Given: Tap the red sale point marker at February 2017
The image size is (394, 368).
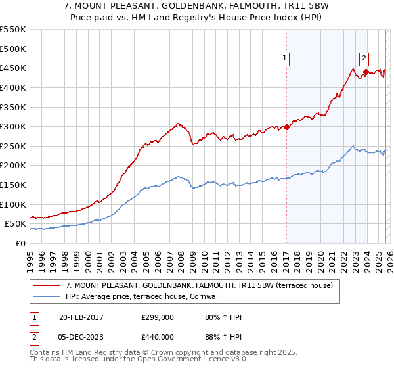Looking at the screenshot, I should (287, 127).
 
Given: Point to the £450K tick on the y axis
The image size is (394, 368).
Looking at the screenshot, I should (13, 68).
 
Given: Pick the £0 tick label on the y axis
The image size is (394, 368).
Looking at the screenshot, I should (20, 244).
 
